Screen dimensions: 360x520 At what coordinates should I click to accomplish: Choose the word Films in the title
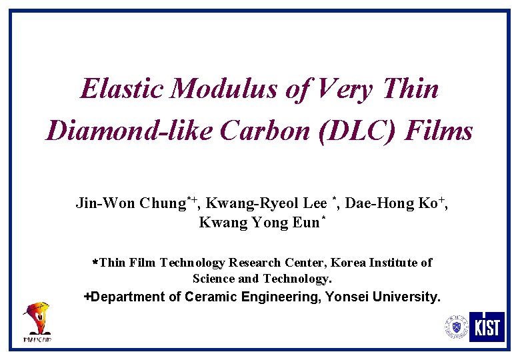(x=442, y=131)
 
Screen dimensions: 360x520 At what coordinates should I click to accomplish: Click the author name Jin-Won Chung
(x=130, y=203)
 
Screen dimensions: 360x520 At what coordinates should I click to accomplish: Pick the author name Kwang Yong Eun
(x=259, y=223)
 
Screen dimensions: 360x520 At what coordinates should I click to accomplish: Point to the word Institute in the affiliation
(x=396, y=263)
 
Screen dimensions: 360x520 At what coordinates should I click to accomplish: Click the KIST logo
(x=487, y=327)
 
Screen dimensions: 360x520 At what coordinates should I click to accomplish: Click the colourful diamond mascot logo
(x=37, y=321)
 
